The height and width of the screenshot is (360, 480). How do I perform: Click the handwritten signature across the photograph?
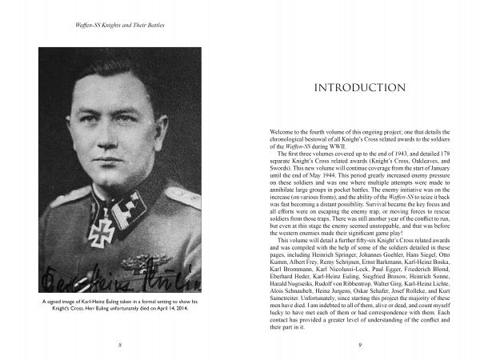(120, 280)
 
